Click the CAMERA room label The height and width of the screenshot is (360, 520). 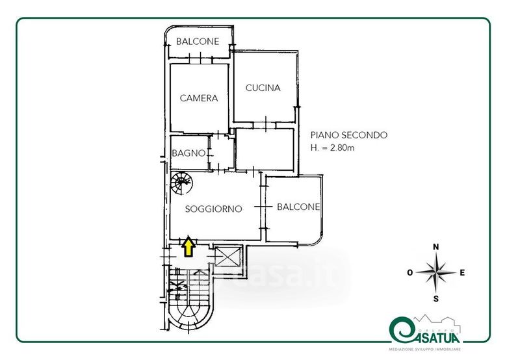(198, 99)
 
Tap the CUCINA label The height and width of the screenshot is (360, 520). (263, 88)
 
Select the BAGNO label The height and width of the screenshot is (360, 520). (188, 154)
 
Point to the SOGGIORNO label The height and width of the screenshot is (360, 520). (213, 209)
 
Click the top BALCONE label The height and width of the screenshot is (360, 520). (198, 42)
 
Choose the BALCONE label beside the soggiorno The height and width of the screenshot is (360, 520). (298, 207)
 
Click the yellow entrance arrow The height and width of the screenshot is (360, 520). (188, 246)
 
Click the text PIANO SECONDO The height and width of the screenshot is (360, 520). (348, 135)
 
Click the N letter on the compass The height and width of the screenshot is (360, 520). (437, 247)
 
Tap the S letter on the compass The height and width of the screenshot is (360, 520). (437, 298)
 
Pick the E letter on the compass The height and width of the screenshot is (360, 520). (462, 273)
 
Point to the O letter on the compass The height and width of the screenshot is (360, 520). (411, 273)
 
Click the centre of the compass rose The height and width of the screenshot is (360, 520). (437, 273)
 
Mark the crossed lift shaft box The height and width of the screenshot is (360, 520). (227, 257)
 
